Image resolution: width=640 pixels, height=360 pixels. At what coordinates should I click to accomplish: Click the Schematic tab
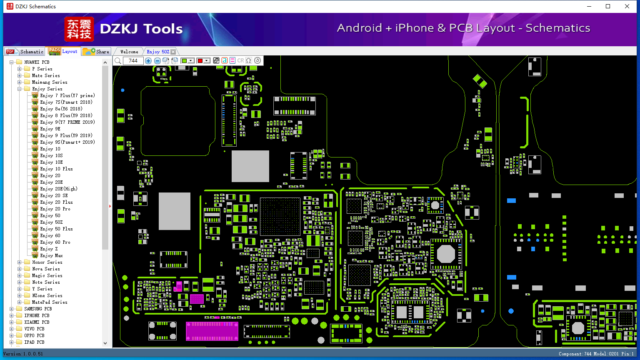(x=25, y=51)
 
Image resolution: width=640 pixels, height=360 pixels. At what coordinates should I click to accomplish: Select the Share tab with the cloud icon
(x=96, y=51)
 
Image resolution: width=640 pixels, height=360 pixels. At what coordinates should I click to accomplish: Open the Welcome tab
(x=129, y=52)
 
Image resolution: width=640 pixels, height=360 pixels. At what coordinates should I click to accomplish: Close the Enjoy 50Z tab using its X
(x=173, y=52)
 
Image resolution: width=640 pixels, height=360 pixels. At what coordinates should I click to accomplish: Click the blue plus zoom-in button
(x=148, y=60)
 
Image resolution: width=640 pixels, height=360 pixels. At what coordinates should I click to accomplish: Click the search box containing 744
(x=133, y=60)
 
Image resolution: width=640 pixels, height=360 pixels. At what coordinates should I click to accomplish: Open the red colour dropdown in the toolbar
(x=207, y=60)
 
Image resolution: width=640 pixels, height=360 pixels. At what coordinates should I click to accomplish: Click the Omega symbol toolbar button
(x=249, y=60)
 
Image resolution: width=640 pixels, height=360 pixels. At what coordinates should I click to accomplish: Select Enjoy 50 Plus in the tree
(x=56, y=229)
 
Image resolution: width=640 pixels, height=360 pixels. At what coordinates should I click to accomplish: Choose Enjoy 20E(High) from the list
(x=59, y=189)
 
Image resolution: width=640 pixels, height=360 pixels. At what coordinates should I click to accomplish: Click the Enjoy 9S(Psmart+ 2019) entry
(x=67, y=142)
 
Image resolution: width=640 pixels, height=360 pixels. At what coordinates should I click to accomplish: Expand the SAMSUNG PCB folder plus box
(x=11, y=309)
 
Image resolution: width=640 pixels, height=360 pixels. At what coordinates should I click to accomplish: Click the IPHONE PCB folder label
(x=37, y=315)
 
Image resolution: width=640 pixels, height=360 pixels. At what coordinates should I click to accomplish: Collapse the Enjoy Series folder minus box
(x=20, y=89)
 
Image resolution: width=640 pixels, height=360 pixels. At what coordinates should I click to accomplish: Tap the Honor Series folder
(x=47, y=262)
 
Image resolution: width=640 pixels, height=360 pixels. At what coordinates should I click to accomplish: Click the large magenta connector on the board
(x=212, y=331)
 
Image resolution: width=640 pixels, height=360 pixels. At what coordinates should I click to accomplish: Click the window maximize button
(x=608, y=6)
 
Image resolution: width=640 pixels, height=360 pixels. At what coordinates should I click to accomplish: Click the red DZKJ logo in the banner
(x=79, y=29)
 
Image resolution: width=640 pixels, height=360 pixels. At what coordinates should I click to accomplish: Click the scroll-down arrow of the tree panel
(x=105, y=343)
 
